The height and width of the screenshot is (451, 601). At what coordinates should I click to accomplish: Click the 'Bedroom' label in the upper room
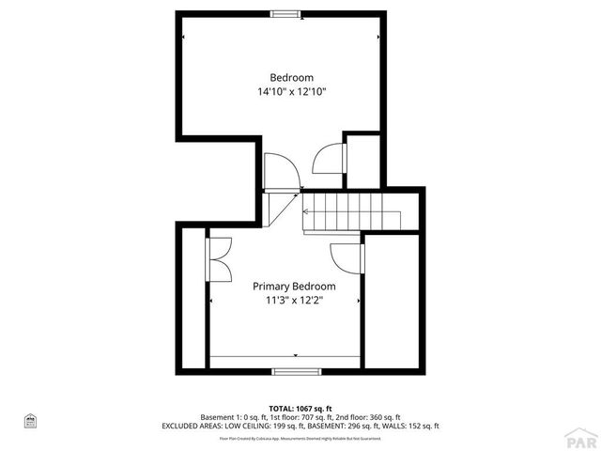click(291, 77)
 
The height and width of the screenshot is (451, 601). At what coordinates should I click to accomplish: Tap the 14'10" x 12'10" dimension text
click(291, 92)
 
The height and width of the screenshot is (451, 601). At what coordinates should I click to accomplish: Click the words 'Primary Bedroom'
click(294, 287)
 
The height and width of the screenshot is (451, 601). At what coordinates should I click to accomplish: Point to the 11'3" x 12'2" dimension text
click(294, 301)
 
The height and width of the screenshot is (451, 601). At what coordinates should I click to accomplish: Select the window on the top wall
click(286, 14)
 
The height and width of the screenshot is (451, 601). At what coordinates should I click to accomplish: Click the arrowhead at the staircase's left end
click(305, 212)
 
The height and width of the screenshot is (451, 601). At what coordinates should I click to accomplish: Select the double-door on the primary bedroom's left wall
click(222, 260)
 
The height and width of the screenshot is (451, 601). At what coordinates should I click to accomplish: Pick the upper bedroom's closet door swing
click(329, 158)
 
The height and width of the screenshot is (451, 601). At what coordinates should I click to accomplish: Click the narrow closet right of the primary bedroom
click(392, 301)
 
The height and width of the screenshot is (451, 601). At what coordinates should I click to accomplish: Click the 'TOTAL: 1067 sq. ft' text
click(300, 409)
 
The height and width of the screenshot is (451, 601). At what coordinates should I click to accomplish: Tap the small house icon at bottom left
click(30, 419)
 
